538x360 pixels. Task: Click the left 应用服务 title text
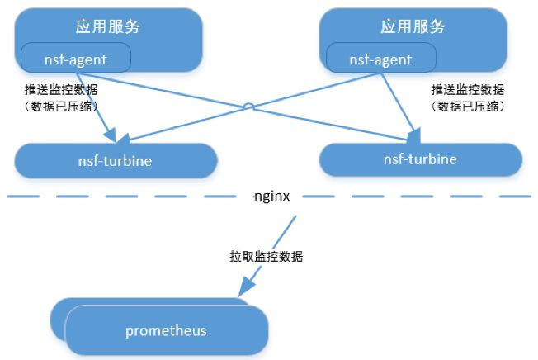pos(107,26)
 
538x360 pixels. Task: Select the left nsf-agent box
pos(76,58)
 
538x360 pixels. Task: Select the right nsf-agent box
pos(380,59)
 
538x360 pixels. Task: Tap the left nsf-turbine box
pos(116,160)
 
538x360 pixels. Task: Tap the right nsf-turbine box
pos(420,159)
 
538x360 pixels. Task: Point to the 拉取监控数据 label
pos(266,257)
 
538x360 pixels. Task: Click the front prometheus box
pos(166,331)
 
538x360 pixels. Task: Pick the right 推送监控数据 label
pos(467,89)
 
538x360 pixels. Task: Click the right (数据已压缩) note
pos(467,107)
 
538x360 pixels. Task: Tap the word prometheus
pos(166,331)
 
